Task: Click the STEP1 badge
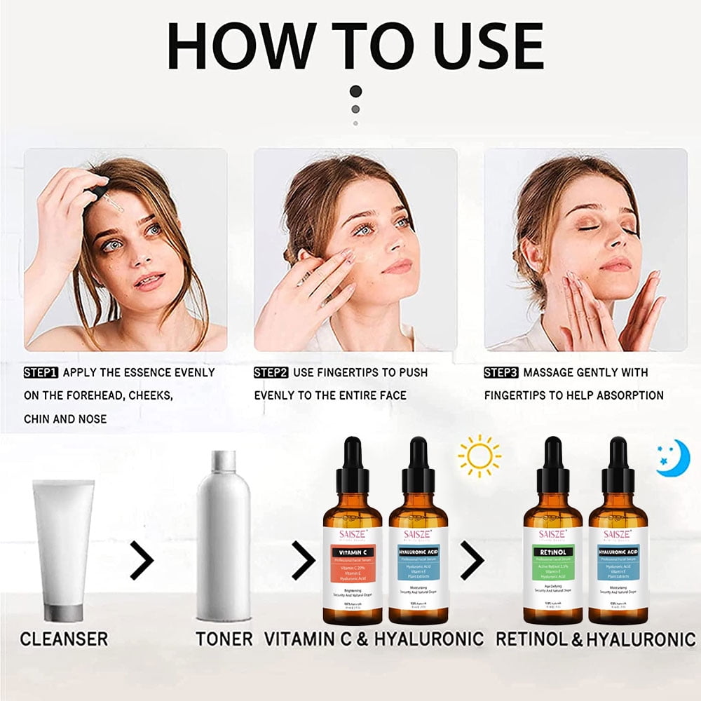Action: pyautogui.click(x=41, y=372)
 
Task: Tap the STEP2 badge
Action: pyautogui.click(x=271, y=372)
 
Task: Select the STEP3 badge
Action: pyautogui.click(x=501, y=372)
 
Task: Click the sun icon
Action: pyautogui.click(x=479, y=456)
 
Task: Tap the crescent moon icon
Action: pyautogui.click(x=672, y=459)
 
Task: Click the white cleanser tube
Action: pyautogui.click(x=63, y=550)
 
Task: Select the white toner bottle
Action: pyautogui.click(x=223, y=536)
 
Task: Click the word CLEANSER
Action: pyautogui.click(x=64, y=639)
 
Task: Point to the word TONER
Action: pyautogui.click(x=224, y=639)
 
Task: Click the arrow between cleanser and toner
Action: pyautogui.click(x=142, y=560)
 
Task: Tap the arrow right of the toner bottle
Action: pyautogui.click(x=304, y=560)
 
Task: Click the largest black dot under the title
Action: pyautogui.click(x=356, y=91)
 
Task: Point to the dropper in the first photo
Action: pyautogui.click(x=105, y=198)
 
